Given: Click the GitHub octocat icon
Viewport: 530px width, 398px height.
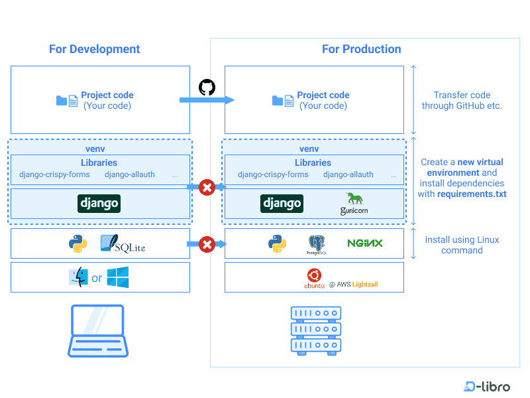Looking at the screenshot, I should [x=207, y=88].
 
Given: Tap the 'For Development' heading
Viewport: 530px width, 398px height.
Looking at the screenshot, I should [x=95, y=49].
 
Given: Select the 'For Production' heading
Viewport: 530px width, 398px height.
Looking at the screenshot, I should [x=361, y=49].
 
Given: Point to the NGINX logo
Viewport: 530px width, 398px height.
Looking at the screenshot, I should [x=365, y=243].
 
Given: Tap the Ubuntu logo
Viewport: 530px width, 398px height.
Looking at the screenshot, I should [x=314, y=277].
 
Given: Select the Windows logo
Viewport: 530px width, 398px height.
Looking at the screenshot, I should [x=118, y=278].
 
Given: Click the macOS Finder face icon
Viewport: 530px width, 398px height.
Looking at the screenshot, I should [x=78, y=278].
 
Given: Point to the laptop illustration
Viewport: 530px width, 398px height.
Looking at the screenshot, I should [x=97, y=330].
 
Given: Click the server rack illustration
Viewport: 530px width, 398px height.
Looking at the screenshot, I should [x=315, y=330].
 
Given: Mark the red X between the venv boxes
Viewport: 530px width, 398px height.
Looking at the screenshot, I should [x=207, y=188].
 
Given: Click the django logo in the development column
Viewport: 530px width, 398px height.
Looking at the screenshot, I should [x=99, y=203].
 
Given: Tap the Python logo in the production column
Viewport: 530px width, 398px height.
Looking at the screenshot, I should [x=278, y=243].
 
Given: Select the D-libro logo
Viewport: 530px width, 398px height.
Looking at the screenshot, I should [x=488, y=386].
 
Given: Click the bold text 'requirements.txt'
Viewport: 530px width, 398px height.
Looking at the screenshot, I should [x=472, y=194].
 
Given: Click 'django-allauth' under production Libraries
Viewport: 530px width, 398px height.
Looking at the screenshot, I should [x=348, y=174].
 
